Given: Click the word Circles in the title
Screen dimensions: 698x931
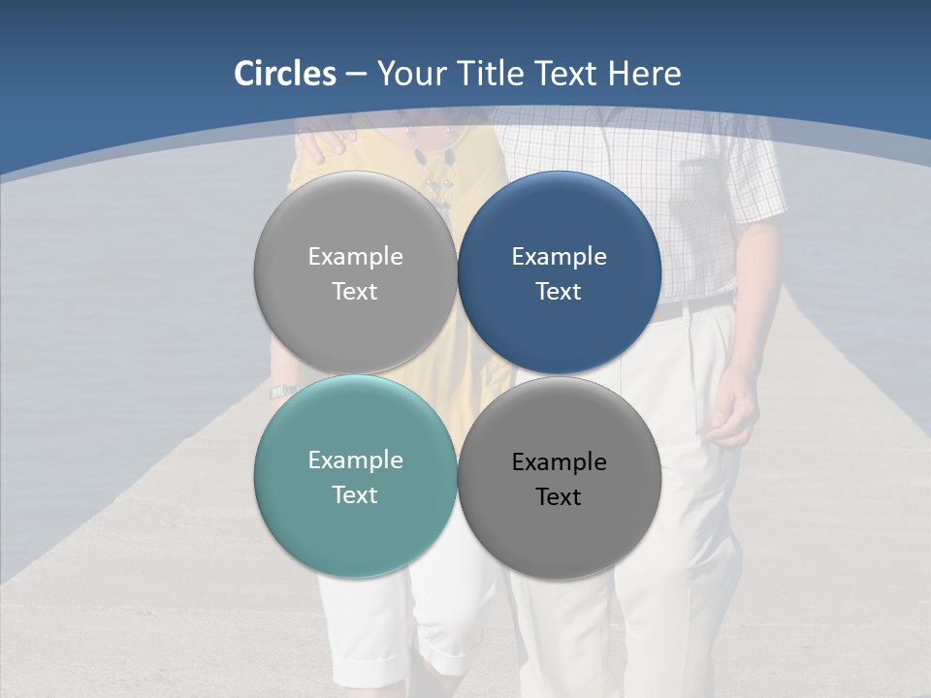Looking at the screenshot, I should (285, 74).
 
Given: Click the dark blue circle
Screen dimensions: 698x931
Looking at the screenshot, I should (560, 272).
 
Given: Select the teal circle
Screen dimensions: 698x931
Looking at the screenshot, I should (355, 476).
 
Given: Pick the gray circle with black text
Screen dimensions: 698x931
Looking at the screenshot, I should (560, 478).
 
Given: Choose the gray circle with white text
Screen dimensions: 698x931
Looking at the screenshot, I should (355, 272).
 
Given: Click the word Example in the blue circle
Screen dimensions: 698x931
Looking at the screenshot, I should (560, 256).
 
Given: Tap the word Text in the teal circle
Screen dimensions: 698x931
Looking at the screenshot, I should (355, 494).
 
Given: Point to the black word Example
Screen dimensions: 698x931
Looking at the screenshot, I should (560, 461).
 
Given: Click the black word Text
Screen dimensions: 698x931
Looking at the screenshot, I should (559, 496).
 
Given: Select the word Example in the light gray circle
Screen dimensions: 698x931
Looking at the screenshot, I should (355, 256).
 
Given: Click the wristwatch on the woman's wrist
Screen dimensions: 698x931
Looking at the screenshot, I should (281, 391).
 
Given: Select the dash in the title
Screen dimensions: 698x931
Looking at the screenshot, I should (356, 74).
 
